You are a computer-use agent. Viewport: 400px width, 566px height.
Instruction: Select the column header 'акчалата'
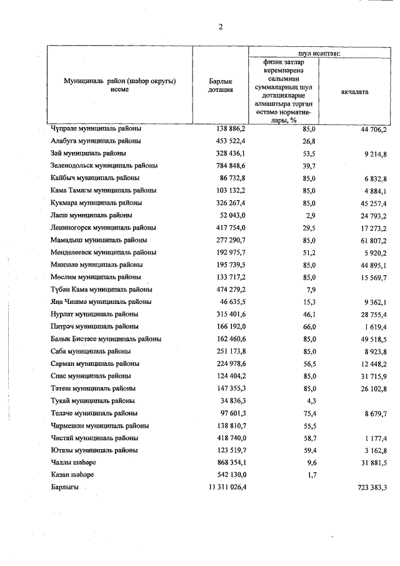point(354,92)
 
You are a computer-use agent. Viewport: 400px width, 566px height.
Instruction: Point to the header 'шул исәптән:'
point(319,53)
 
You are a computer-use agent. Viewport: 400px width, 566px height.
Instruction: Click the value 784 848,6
point(231,166)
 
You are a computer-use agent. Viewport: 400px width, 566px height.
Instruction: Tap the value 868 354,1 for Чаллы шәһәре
point(231,463)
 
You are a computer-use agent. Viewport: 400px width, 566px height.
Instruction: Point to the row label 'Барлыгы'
point(64,487)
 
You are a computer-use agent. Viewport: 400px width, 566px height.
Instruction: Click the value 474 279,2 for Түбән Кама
point(231,289)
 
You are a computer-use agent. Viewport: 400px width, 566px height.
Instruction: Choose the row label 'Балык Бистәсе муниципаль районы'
point(106,339)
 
